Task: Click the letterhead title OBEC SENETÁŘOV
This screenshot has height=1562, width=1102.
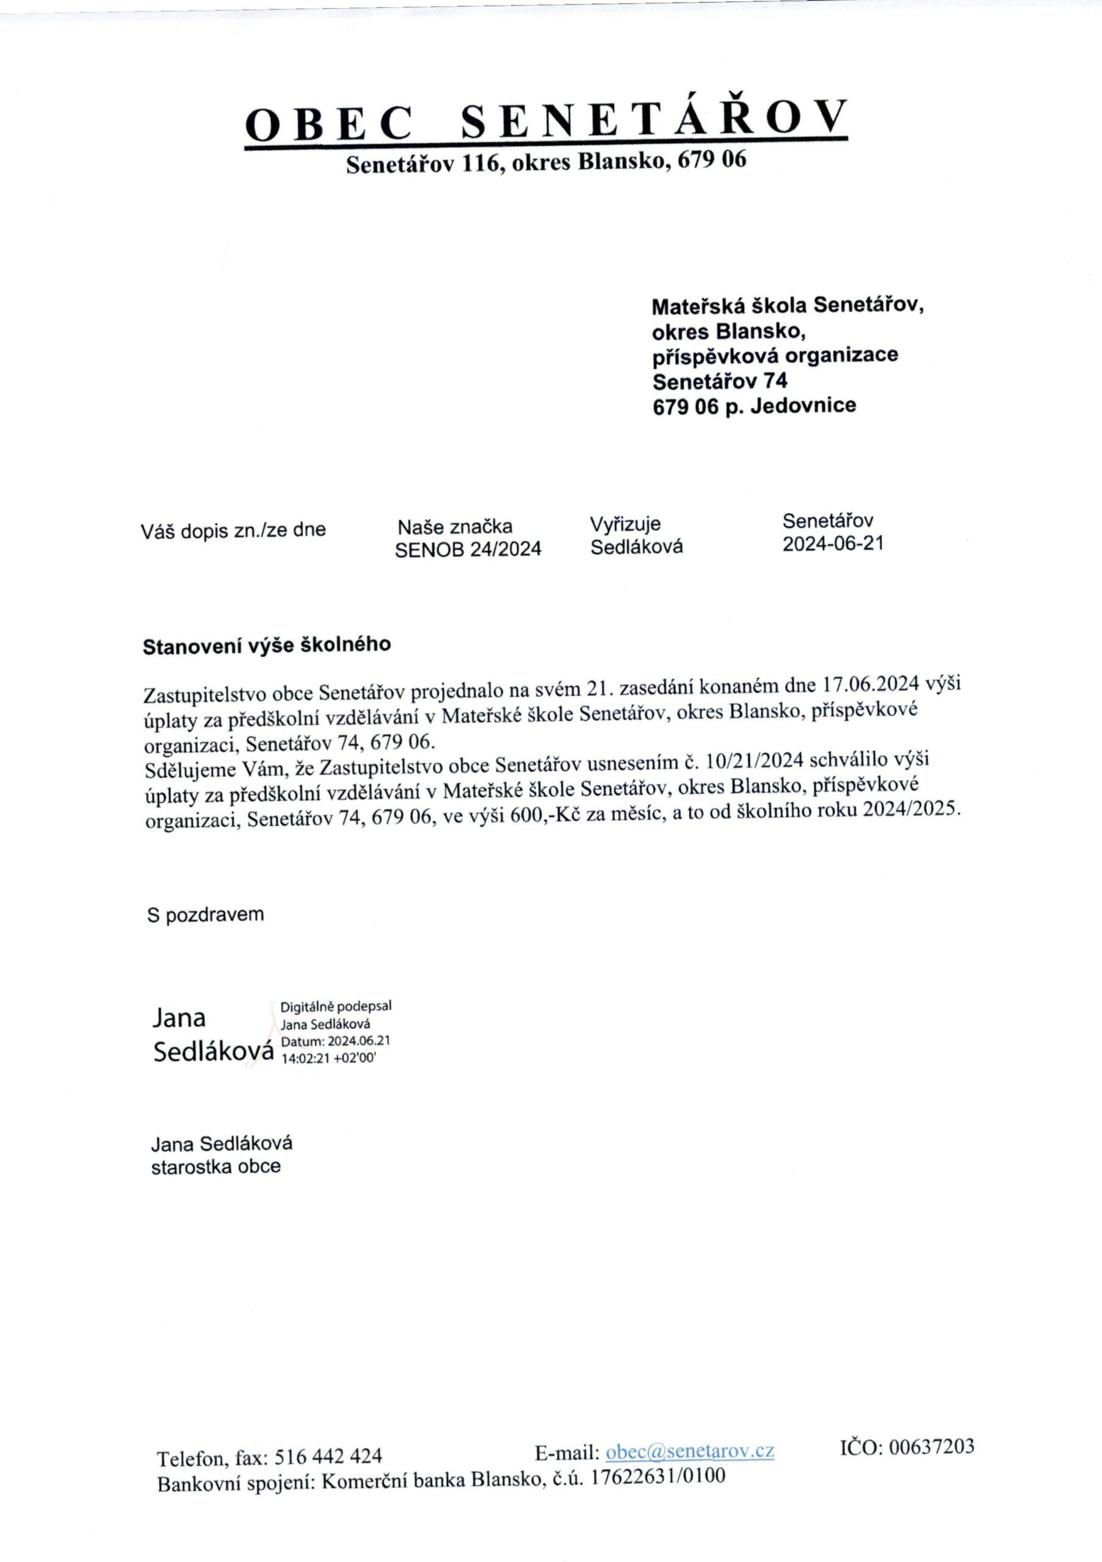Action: tap(546, 120)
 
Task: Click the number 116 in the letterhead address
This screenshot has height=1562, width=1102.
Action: tap(481, 162)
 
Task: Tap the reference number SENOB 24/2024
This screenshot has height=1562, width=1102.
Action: tap(468, 549)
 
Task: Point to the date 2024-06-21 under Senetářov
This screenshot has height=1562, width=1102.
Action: tap(833, 544)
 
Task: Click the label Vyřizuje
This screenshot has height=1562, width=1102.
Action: tap(625, 525)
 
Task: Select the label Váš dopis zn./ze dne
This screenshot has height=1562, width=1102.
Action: tap(233, 530)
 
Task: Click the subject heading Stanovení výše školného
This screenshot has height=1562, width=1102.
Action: tap(267, 645)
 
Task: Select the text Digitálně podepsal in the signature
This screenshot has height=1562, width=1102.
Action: tap(336, 1006)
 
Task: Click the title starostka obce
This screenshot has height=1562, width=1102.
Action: tap(216, 1167)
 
